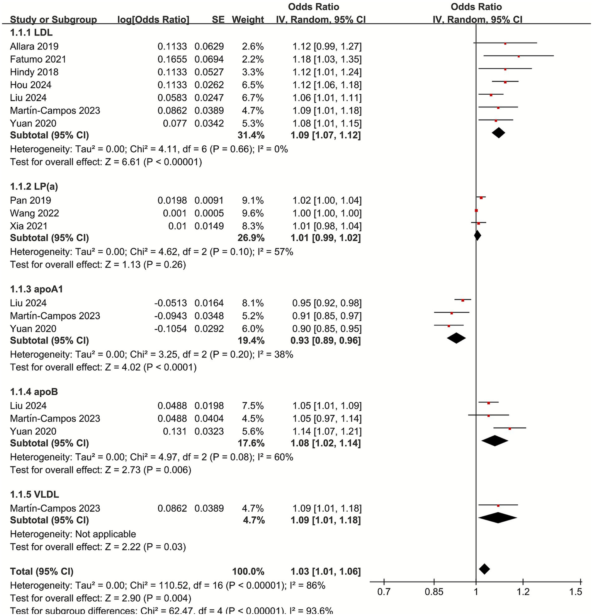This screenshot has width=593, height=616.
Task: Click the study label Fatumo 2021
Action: (38, 59)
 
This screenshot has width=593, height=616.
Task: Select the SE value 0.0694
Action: (209, 59)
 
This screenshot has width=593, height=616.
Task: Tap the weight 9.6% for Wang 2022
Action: (253, 213)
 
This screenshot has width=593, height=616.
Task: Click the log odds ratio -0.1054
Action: (170, 329)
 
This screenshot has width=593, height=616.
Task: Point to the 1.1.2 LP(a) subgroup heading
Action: (34, 187)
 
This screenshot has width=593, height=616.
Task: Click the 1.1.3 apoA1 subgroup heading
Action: (36, 289)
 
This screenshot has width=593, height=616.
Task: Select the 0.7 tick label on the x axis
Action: (384, 592)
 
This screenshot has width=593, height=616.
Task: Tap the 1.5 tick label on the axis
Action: (576, 592)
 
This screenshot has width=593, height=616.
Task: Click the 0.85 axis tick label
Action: (434, 592)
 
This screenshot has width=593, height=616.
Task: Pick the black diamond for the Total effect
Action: (484, 569)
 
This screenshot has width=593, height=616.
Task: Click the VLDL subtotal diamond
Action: (498, 518)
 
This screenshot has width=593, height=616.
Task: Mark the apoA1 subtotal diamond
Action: (456, 338)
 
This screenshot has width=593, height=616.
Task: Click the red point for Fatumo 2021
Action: (518, 56)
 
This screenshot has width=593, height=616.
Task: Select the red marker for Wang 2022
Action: (476, 211)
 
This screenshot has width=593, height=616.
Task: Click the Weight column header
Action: (248, 19)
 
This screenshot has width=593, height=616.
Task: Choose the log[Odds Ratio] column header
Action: (153, 19)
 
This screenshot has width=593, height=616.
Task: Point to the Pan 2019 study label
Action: (31, 200)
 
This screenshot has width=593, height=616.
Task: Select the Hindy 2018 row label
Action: (34, 72)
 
